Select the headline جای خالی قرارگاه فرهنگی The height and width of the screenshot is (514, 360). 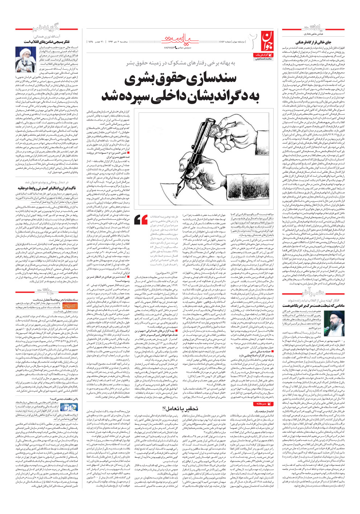tap(313, 42)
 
